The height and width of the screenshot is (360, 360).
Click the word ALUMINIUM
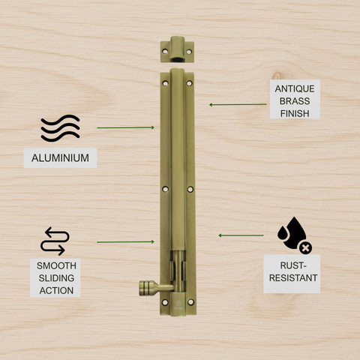[60, 158]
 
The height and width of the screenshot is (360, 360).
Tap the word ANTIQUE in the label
[295, 88]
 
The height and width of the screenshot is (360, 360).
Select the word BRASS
[295, 101]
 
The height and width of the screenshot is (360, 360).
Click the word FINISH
[295, 114]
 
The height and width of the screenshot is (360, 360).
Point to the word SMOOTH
[56, 265]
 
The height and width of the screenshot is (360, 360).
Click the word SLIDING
[56, 278]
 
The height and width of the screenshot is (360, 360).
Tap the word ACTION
[56, 290]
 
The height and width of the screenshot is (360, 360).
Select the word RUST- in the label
[293, 265]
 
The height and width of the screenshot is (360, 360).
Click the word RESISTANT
[293, 278]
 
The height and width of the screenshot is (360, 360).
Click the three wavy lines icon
[60, 128]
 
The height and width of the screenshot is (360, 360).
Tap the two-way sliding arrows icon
[55, 241]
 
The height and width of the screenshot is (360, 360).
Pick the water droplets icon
[295, 235]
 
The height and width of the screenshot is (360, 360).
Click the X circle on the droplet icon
[305, 248]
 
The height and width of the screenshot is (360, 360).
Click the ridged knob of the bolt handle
[145, 288]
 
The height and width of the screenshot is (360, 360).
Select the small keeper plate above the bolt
[177, 49]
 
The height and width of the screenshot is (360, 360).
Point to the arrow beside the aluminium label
[125, 127]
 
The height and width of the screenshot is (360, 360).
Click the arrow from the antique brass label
[238, 104]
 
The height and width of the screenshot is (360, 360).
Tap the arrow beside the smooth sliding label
[125, 241]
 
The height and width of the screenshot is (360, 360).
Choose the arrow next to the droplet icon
[241, 235]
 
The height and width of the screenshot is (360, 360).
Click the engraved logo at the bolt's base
[178, 305]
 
